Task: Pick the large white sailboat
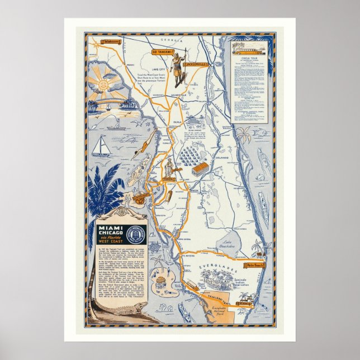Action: click(101, 147)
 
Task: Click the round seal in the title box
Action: click(136, 235)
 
